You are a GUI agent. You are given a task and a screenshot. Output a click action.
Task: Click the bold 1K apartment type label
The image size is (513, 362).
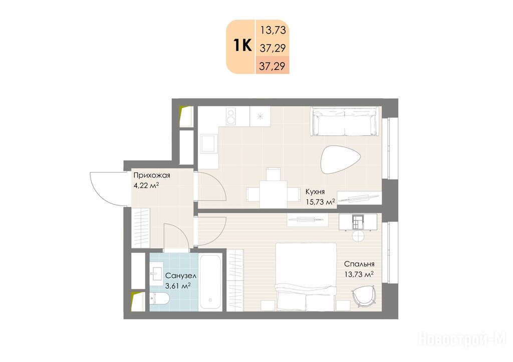click(x=242, y=45)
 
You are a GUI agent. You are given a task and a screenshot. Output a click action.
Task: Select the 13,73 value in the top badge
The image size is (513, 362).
click(x=273, y=30)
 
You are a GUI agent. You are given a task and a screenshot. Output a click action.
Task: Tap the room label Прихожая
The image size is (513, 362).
click(x=151, y=175)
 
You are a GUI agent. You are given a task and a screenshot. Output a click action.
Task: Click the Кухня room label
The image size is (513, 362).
click(x=315, y=191)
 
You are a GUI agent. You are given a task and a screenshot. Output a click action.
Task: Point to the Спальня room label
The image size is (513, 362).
click(x=359, y=263)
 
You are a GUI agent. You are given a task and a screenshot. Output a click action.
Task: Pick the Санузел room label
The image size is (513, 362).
click(x=180, y=276)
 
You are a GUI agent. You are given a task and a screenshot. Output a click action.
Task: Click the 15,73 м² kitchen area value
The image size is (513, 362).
click(x=320, y=201)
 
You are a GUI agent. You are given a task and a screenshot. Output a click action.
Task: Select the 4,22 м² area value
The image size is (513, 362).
click(x=146, y=185)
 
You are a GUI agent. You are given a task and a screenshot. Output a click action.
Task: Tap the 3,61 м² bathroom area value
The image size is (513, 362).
click(x=178, y=286)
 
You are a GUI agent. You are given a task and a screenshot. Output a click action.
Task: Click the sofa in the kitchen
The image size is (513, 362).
click(x=345, y=121)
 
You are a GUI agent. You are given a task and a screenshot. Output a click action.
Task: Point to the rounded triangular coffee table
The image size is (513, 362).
click(x=340, y=159)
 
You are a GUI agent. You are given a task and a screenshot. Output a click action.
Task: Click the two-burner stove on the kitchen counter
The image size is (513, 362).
click(x=231, y=116)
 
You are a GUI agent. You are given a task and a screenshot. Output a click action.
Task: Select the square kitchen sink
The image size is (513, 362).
click(x=209, y=143)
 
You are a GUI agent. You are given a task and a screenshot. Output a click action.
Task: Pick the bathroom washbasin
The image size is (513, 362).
click(x=157, y=271)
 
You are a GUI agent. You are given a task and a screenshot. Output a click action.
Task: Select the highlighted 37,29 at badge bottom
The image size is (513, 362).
click(x=272, y=66)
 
